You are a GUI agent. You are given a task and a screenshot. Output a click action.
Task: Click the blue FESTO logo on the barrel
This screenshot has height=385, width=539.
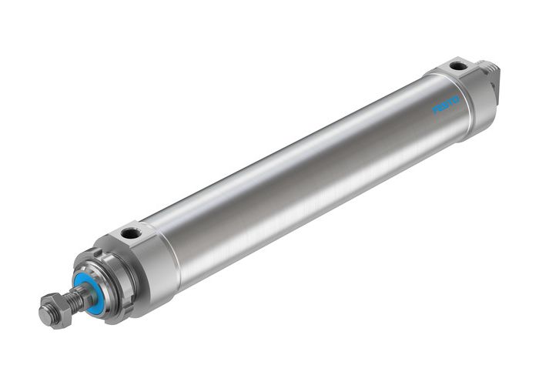[x=446, y=105]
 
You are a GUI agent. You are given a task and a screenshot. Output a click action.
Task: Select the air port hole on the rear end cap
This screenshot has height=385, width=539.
[x=458, y=66]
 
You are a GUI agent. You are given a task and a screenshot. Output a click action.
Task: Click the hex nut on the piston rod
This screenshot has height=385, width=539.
[x=53, y=310]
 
